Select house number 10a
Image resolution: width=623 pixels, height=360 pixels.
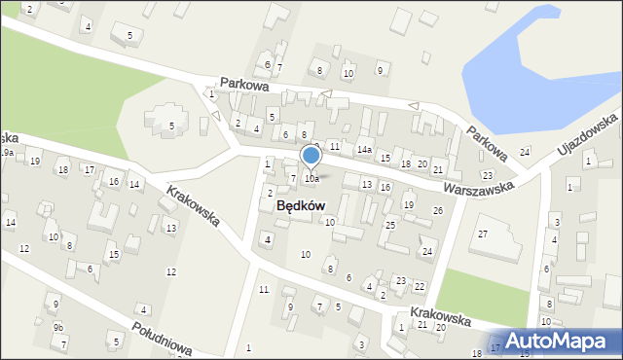pyautogui.click(x=311, y=179)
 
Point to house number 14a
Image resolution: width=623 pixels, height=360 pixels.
pyautogui.click(x=364, y=150)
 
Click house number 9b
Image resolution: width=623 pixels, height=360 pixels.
pyautogui.click(x=58, y=328)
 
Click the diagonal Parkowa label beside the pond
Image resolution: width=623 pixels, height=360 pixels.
pyautogui.click(x=487, y=142)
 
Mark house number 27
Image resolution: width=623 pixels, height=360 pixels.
pyautogui.click(x=483, y=234)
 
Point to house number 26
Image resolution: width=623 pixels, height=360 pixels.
pyautogui.click(x=438, y=210)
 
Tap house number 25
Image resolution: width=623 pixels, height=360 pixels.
pyautogui.click(x=389, y=226)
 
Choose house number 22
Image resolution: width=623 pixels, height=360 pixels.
pyautogui.click(x=419, y=286)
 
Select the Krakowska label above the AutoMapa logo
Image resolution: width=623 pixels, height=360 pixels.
pyautogui.click(x=440, y=318)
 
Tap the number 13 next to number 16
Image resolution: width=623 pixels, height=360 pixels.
pyautogui.click(x=367, y=184)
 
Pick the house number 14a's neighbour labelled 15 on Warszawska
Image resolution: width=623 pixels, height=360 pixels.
pyautogui.click(x=385, y=158)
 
